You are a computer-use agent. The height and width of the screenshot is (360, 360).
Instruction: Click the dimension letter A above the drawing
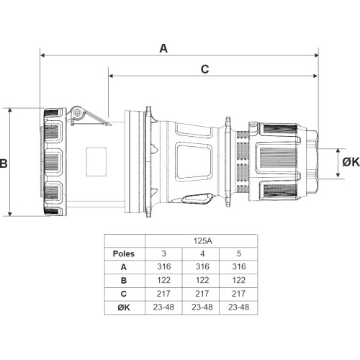[x=163, y=48]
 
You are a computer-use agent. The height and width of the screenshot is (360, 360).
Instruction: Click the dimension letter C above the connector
[x=204, y=69]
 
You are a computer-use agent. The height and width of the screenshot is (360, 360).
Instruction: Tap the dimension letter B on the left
[x=4, y=163]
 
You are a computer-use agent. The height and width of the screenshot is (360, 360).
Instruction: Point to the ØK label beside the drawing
[x=351, y=163]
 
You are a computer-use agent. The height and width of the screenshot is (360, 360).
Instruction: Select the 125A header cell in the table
[x=203, y=240]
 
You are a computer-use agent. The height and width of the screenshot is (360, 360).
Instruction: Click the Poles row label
[x=124, y=253]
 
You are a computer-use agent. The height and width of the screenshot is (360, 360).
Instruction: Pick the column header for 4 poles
[x=202, y=253]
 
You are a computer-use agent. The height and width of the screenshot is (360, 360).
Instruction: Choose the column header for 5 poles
[x=239, y=253]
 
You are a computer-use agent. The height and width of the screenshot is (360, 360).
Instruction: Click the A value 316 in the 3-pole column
[x=164, y=266]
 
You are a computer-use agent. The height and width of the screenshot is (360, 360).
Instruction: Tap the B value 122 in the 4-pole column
[x=202, y=280]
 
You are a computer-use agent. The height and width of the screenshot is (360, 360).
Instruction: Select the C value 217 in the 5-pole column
[x=238, y=294]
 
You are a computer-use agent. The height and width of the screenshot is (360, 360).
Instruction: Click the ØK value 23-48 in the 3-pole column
[x=163, y=307]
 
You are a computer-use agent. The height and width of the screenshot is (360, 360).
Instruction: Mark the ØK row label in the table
[x=124, y=307]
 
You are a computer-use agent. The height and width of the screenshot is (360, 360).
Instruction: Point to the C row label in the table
[x=124, y=294]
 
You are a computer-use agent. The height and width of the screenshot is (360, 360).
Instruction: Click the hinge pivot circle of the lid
[x=78, y=112]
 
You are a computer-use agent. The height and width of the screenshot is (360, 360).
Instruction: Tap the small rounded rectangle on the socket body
[x=96, y=162]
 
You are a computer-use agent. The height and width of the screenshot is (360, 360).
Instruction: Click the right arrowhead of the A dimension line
[x=316, y=55]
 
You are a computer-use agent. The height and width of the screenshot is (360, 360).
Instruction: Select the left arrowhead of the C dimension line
[x=111, y=76]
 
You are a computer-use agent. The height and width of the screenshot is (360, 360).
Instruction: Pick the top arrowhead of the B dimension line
[x=10, y=110]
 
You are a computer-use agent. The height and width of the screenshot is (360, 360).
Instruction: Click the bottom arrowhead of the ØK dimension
[x=338, y=176]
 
